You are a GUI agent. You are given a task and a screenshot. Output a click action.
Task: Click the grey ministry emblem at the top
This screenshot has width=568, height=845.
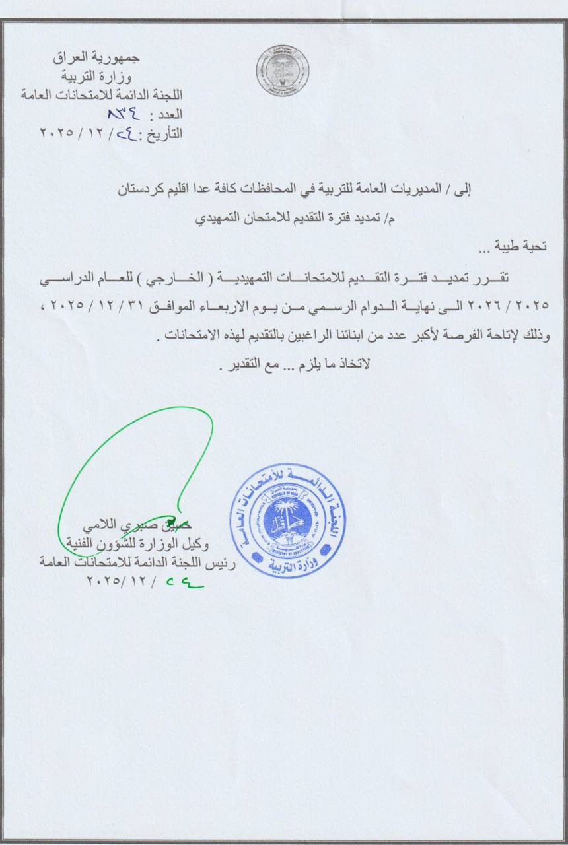click(x=283, y=71)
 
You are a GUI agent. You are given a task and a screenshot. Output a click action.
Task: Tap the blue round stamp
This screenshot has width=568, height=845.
click(x=288, y=520)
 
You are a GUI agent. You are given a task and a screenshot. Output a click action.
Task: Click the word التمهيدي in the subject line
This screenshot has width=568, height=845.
click(x=223, y=220)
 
